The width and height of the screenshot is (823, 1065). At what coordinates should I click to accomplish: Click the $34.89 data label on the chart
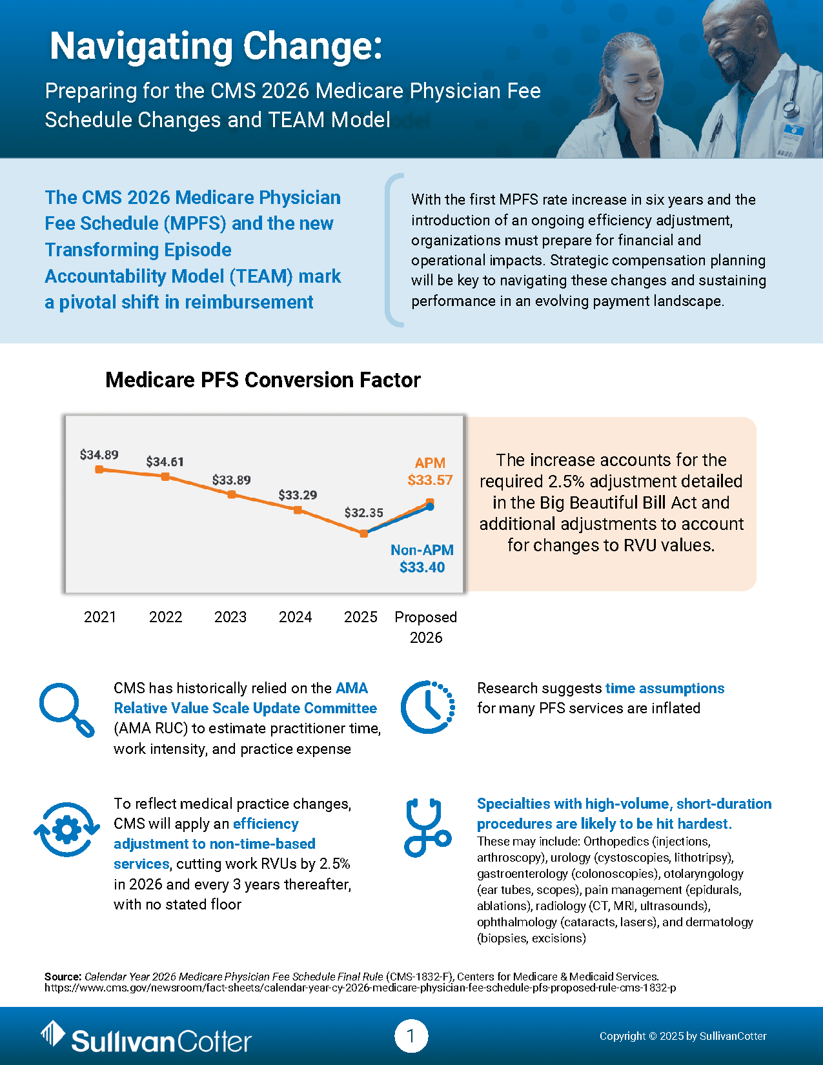point(99,455)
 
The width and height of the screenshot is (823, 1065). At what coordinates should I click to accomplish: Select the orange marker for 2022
point(165,476)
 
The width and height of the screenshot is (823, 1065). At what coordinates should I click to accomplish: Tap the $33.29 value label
point(298,495)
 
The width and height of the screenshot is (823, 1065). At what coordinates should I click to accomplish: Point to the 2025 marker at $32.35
point(364,534)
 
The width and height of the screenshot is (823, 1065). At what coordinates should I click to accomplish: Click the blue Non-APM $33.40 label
point(422,559)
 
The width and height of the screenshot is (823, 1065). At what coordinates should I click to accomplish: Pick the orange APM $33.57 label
point(430,472)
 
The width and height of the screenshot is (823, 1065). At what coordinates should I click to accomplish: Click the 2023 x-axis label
point(230,617)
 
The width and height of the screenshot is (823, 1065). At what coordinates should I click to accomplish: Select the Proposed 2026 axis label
point(426,627)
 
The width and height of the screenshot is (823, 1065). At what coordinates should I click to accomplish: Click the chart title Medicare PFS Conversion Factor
point(263,380)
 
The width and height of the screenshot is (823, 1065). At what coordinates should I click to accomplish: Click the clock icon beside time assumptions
point(427,707)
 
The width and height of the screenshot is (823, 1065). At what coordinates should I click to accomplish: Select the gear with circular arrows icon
point(66,829)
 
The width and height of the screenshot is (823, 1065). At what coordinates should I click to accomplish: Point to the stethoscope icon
point(426,828)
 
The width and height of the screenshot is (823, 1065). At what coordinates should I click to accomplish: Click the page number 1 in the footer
point(411,1037)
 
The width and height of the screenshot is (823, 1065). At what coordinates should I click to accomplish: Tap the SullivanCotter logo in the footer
point(147,1037)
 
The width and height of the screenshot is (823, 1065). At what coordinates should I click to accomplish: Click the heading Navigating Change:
point(216,46)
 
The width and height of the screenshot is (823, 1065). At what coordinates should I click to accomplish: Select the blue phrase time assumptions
point(665,688)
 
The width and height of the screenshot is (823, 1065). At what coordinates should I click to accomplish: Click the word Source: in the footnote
point(63,977)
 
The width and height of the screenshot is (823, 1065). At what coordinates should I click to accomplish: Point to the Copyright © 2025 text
point(683,1036)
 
